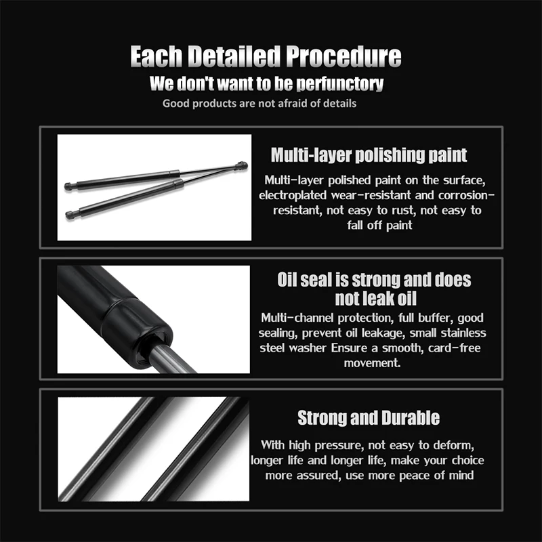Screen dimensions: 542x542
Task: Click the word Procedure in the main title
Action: click(x=343, y=57)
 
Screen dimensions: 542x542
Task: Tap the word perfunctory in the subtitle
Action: click(x=340, y=84)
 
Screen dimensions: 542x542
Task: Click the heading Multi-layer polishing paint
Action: click(x=369, y=155)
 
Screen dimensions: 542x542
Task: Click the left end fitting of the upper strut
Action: click(x=71, y=186)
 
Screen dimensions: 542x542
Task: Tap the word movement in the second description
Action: click(x=372, y=363)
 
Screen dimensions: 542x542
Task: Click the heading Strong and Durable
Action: click(x=369, y=418)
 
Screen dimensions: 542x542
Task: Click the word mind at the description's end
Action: click(x=461, y=476)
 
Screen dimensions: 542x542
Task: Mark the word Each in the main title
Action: click(x=157, y=57)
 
